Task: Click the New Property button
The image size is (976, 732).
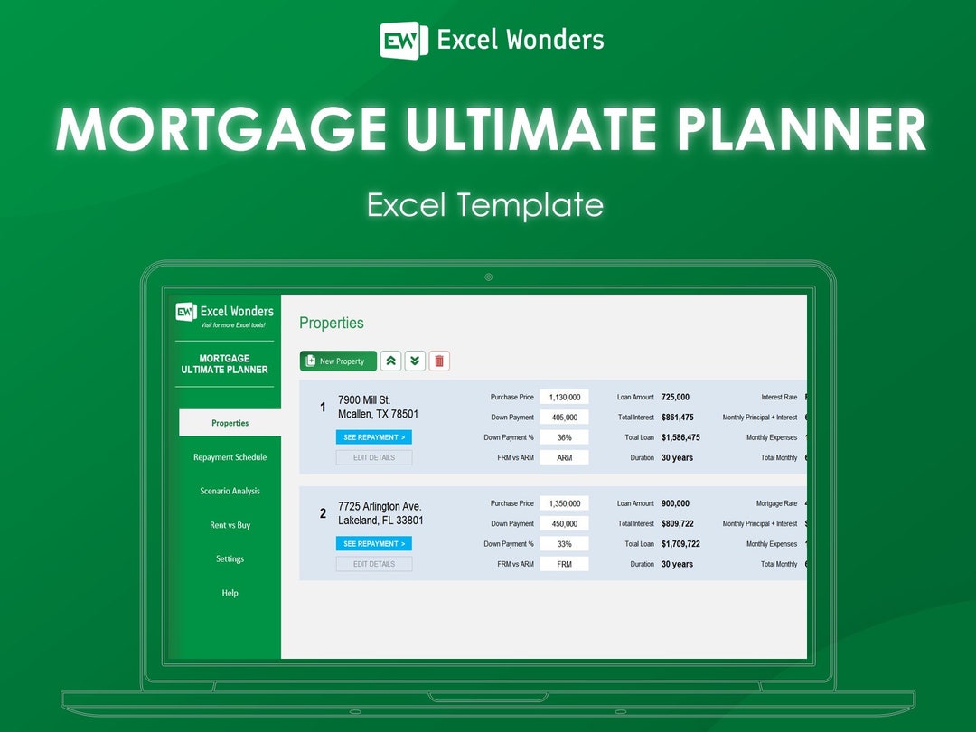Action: pos(338,361)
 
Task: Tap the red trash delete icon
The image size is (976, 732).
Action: pos(439,361)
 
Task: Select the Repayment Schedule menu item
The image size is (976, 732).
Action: pos(230,457)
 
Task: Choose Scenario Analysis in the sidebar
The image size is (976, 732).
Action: pos(230,491)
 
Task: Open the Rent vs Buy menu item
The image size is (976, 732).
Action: pos(230,525)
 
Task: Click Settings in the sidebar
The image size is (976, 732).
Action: pos(230,558)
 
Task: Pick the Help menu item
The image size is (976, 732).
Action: pos(230,593)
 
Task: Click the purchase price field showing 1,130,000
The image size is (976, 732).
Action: pos(565,397)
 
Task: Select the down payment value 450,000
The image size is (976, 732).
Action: pos(565,523)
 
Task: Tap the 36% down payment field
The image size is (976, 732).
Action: pos(565,437)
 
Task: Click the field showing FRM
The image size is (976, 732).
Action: pos(565,564)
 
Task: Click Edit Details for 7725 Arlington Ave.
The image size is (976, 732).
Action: pos(374,564)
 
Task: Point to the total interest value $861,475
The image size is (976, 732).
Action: pos(678,418)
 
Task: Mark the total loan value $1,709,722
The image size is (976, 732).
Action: pos(680,544)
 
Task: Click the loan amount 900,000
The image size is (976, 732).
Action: pos(675,503)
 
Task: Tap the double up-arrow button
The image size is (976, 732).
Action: pos(390,361)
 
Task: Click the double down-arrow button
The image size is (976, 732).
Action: pos(415,361)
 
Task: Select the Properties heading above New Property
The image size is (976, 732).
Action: pos(332,323)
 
